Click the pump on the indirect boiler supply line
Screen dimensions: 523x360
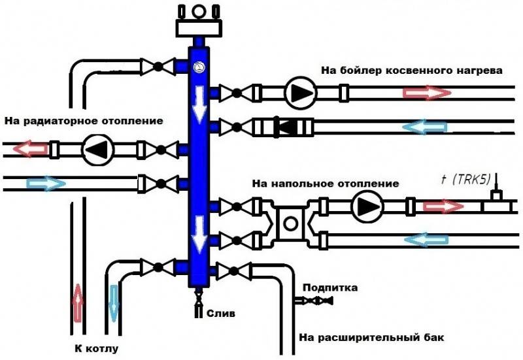point(301,93)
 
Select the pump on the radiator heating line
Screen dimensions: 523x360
point(98,150)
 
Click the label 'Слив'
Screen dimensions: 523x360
point(221,314)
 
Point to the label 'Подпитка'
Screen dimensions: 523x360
point(330,287)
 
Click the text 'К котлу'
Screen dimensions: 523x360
point(96,349)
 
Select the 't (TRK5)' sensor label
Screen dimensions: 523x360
point(465,180)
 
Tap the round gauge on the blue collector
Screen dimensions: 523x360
point(199,67)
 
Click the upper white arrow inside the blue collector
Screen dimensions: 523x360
point(199,104)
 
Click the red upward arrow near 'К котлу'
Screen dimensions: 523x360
point(78,303)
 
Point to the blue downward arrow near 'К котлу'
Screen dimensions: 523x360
point(114,303)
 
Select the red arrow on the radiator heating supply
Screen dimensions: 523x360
point(31,148)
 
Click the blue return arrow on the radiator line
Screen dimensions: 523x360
point(46,184)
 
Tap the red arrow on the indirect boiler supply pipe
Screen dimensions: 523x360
point(427,93)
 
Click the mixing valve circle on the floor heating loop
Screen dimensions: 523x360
point(290,223)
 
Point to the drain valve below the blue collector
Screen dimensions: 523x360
point(199,296)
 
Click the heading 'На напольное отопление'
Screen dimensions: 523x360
point(325,184)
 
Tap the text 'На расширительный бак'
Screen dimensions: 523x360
point(371,337)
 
